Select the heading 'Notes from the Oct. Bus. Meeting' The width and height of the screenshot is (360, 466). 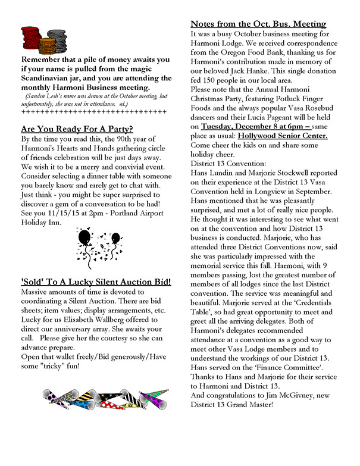(258, 24)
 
